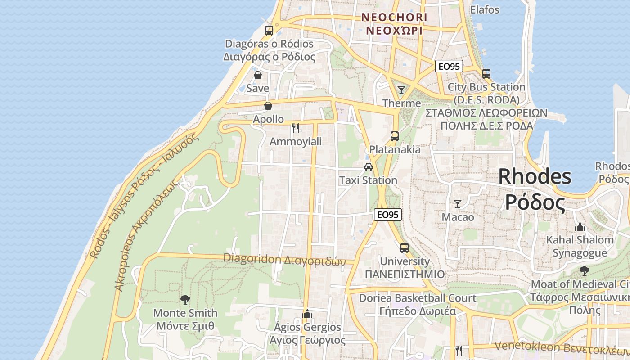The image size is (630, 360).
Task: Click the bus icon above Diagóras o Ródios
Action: [269, 31]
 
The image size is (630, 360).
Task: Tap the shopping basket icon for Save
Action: [258, 75]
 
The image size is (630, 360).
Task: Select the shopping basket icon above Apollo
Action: [268, 106]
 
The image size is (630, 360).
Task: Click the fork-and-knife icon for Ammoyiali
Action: [296, 128]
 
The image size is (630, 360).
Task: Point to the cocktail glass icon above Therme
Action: [401, 90]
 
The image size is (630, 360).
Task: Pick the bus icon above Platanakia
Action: [395, 136]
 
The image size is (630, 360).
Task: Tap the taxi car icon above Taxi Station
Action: [369, 167]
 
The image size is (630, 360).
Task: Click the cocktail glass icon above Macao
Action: [458, 204]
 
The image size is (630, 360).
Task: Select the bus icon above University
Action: [405, 247]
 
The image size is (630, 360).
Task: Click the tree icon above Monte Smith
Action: [185, 299]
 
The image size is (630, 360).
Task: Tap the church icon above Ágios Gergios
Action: [308, 313]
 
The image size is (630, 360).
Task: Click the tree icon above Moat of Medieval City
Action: [584, 271]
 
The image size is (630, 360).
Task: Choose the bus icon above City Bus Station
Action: [486, 74]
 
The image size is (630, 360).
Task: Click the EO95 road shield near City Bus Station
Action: [449, 67]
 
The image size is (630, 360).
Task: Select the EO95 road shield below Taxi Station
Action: [387, 215]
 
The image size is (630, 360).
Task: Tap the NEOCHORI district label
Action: [395, 18]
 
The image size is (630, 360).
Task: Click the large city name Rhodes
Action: [535, 176]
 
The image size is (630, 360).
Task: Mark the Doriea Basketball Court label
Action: [417, 298]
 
